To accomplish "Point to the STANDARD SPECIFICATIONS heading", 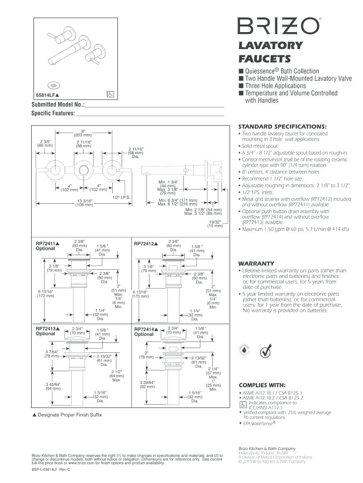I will pyautogui.click(x=282, y=127).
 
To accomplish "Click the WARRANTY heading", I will pyautogui.click(x=256, y=263).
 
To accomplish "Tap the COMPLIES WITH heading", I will pyautogui.click(x=263, y=384).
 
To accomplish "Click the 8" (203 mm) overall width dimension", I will pyautogui.click(x=83, y=133).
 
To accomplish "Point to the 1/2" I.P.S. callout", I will pyautogui.click(x=122, y=197).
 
